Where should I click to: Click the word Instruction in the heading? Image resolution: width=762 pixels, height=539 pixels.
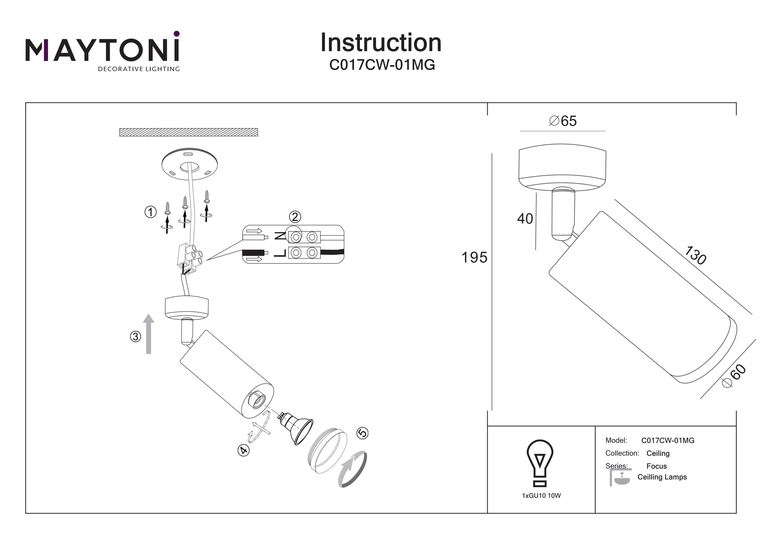[381, 43]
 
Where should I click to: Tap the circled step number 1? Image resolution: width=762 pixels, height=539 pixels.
[150, 212]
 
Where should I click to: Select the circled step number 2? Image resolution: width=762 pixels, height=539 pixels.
[295, 217]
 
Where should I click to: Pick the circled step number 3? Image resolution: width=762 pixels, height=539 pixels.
[135, 336]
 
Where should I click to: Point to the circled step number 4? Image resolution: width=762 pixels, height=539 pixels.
[244, 450]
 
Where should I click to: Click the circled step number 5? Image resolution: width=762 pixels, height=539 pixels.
[362, 433]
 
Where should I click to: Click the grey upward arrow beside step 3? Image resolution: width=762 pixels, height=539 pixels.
[149, 334]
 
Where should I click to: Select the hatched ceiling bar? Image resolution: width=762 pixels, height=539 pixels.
[188, 132]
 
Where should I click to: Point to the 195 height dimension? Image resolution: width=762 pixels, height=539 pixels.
[474, 257]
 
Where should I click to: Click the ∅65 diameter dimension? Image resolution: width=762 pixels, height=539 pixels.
[563, 121]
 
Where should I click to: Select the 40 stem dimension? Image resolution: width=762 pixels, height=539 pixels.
[525, 219]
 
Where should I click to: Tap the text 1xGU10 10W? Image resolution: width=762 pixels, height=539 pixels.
[541, 496]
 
